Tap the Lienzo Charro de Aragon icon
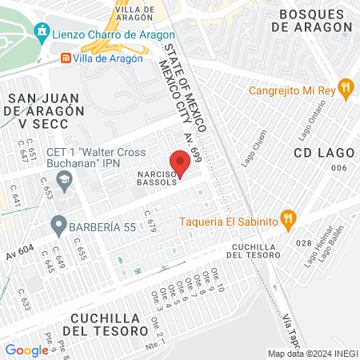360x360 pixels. click(42, 34)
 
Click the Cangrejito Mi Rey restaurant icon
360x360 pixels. click(346, 89)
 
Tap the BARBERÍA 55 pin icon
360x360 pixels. click(58, 226)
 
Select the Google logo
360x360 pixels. click(26, 350)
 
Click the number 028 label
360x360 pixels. click(302, 242)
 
